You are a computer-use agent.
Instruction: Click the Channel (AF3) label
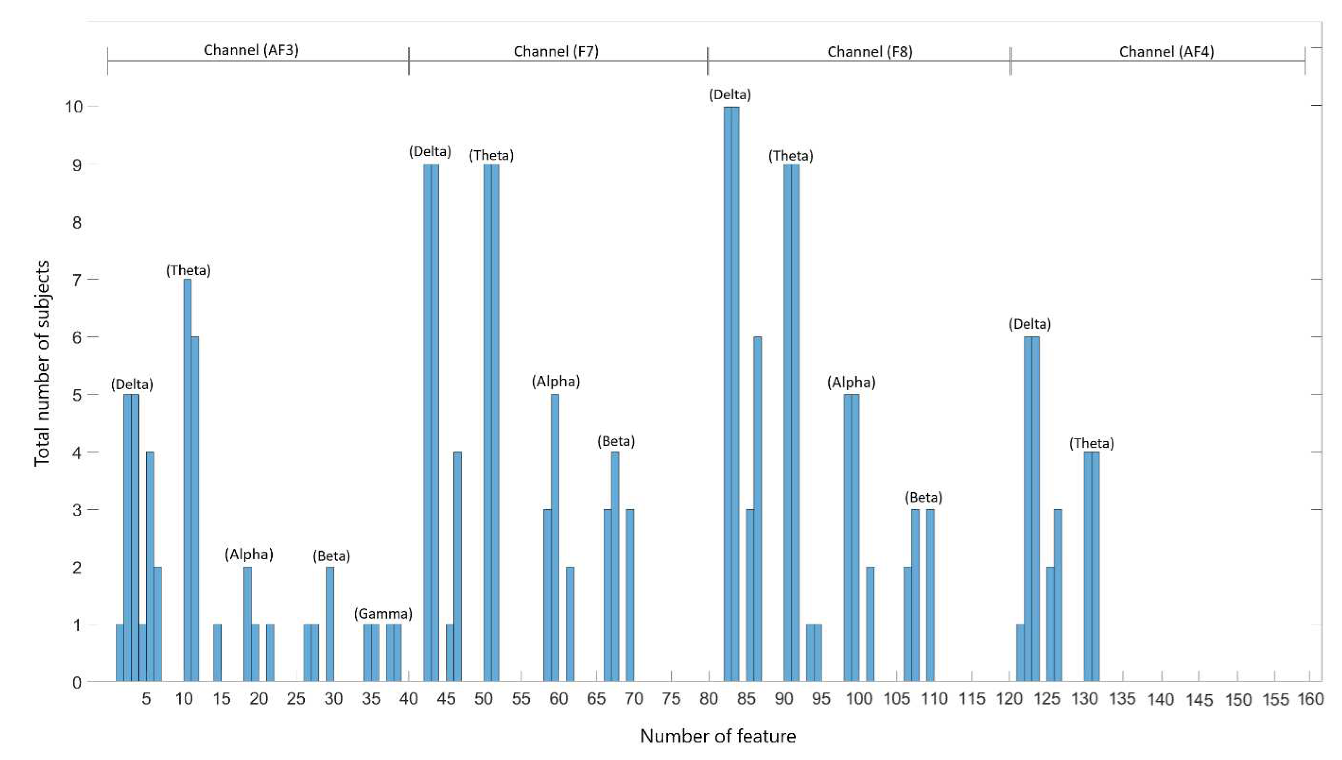[251, 50]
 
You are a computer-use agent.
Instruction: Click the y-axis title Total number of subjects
[42, 363]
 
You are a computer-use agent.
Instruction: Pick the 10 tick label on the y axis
[74, 107]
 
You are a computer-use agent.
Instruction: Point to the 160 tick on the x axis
[1310, 699]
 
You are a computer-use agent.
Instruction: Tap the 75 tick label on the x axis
[671, 699]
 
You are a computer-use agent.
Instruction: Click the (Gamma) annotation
[383, 614]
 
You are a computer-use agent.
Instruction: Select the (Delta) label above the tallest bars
[729, 95]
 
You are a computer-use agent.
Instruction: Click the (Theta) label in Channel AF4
[1091, 444]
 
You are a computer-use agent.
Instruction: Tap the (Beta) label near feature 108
[923, 497]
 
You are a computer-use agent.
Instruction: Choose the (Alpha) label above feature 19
[249, 554]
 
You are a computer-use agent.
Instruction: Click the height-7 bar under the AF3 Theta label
[187, 480]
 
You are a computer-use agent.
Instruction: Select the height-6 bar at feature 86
[757, 509]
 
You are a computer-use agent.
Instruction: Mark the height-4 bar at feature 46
[457, 566]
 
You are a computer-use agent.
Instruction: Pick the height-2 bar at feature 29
[330, 624]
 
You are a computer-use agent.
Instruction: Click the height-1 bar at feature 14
[217, 652]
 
